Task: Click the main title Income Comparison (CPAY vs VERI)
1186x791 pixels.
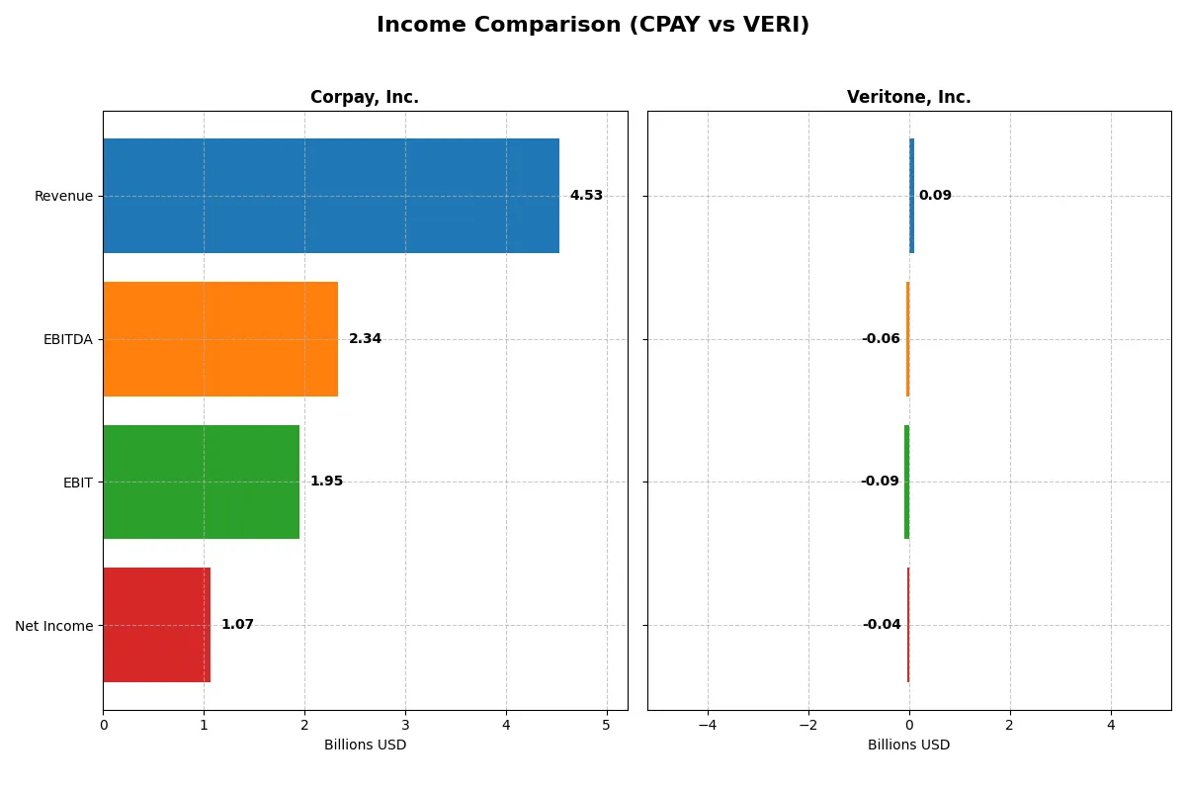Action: (592, 26)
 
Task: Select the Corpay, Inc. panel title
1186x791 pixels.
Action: (365, 97)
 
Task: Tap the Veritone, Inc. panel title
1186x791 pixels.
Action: (908, 97)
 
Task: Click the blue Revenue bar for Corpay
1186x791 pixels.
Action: (331, 196)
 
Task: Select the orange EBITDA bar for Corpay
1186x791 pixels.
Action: (220, 339)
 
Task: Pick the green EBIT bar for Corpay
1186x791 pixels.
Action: (201, 482)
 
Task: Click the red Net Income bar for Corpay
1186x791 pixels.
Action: (156, 625)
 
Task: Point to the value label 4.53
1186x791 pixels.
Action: (586, 196)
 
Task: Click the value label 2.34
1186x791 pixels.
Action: (365, 339)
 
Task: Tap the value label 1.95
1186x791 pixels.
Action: (326, 482)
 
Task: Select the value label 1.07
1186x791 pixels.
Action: (237, 625)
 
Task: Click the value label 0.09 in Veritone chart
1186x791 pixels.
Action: (935, 196)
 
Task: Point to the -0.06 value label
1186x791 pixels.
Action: (881, 339)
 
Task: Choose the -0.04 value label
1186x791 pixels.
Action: (882, 625)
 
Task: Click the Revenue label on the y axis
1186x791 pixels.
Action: (63, 196)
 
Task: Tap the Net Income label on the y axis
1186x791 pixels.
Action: (54, 626)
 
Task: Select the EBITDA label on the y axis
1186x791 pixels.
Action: (68, 339)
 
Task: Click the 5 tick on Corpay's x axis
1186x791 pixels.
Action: (607, 725)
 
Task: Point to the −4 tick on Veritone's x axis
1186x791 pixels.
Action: (708, 725)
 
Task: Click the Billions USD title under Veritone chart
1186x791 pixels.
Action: (908, 746)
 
